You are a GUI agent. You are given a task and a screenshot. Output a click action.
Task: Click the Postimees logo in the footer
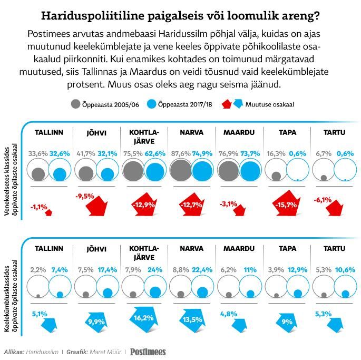[148, 352]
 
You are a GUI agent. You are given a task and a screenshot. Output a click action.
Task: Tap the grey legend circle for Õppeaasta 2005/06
[75, 104]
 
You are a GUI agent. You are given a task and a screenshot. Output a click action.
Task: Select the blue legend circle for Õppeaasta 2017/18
[151, 104]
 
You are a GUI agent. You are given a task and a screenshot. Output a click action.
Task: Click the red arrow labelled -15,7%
[286, 203]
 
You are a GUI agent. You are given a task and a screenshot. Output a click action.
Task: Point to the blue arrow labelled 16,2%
[144, 319]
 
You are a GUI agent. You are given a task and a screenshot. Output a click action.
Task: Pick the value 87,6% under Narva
[181, 153]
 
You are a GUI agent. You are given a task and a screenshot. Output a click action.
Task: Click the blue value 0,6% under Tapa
[298, 153]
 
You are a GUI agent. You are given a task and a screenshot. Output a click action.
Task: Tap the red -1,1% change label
[38, 207]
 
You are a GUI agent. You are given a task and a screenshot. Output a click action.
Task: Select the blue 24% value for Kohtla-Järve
[155, 270]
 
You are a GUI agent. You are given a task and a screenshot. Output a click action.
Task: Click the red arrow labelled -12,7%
[191, 205]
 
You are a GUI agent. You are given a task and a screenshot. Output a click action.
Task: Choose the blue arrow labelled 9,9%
[96, 322]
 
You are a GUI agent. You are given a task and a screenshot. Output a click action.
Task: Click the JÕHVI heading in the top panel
[96, 133]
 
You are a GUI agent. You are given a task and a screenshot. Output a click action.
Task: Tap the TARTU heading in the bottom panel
[334, 249]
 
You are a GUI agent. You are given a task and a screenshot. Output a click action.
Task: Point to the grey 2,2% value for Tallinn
[38, 270]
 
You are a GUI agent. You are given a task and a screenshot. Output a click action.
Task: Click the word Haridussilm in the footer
[42, 352]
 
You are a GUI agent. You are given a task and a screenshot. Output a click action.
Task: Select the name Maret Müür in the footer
[105, 352]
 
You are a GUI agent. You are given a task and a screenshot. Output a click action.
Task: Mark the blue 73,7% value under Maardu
[250, 153]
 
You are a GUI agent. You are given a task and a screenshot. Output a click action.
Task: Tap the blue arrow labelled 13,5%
[192, 320]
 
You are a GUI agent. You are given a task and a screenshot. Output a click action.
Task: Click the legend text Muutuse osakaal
[270, 104]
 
